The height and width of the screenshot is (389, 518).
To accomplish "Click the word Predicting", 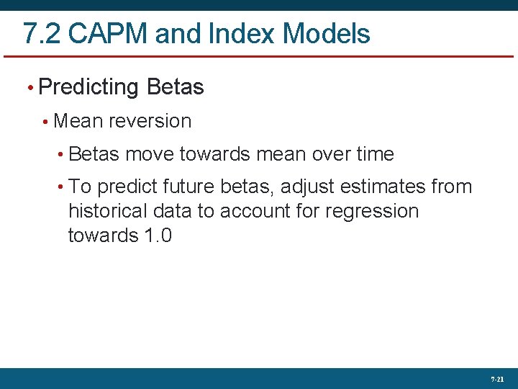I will [88, 88].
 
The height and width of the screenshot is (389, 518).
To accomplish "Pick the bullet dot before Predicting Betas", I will [29, 89].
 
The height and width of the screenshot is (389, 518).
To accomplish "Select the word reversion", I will [150, 121].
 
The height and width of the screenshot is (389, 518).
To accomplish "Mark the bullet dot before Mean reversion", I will [45, 122].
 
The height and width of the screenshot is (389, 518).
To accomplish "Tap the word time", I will [375, 154].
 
